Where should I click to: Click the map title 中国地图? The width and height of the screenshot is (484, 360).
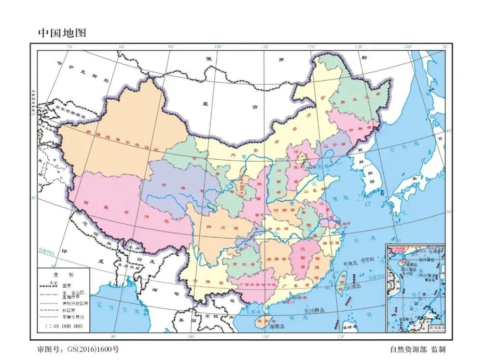pos(62,33)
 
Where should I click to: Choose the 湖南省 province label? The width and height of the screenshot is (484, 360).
pos(275,259)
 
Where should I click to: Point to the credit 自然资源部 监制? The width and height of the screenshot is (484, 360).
pos(417,348)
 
